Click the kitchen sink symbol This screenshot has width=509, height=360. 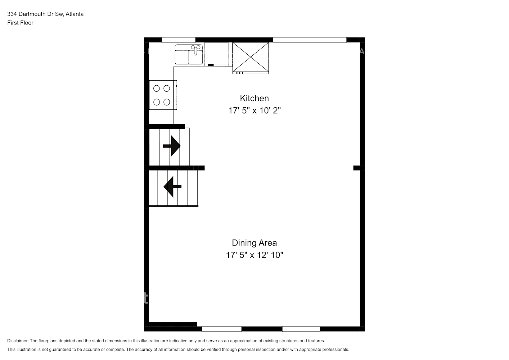(x=189, y=54)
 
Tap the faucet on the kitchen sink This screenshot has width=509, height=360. (x=195, y=49)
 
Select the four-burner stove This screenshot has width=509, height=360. (x=163, y=95)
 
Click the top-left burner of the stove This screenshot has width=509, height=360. (x=157, y=88)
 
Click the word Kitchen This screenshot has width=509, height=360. (x=254, y=98)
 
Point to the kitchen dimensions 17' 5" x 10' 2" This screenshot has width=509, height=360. (x=254, y=111)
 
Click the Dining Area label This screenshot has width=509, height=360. (x=254, y=243)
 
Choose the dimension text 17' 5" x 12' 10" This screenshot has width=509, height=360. (x=254, y=255)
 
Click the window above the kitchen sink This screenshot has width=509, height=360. (x=179, y=40)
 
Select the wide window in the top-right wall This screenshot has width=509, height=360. (x=310, y=40)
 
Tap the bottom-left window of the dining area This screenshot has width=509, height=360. (x=221, y=329)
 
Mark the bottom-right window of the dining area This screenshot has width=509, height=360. (x=301, y=329)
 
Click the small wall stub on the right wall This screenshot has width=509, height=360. (x=356, y=168)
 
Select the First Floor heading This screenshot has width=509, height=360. (x=20, y=23)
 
